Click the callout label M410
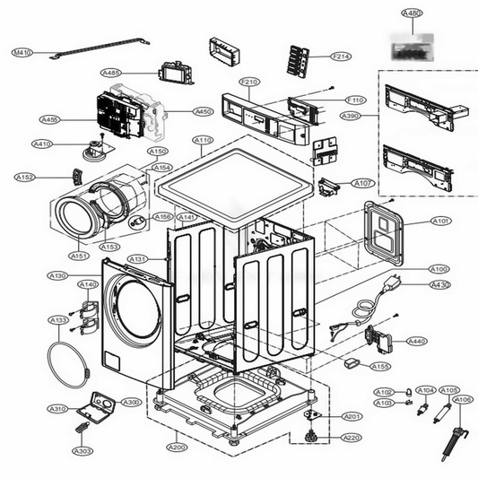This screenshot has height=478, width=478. coord(22,54)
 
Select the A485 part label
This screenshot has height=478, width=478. coord(111,73)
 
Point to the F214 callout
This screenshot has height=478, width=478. coord(340,56)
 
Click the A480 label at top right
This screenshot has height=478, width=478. coord(412,13)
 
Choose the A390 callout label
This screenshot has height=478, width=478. coord(353,116)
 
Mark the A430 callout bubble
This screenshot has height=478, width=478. coord(439,284)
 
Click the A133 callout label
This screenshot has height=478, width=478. coord(57,320)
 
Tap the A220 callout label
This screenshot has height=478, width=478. coord(352,438)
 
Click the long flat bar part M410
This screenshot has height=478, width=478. coord(99,47)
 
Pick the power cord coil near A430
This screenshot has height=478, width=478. coord(366,309)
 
